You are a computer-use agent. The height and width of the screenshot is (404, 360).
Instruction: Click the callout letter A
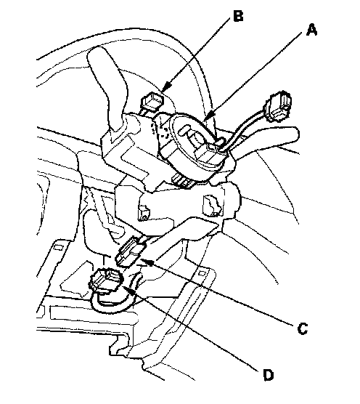[x=311, y=30]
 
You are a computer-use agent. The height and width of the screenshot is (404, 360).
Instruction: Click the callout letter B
[x=238, y=16]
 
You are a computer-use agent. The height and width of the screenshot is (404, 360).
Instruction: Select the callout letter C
[x=302, y=328]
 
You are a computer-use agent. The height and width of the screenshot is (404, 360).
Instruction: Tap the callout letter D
[x=269, y=375]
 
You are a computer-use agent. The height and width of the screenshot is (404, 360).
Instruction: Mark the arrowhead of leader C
[x=149, y=262]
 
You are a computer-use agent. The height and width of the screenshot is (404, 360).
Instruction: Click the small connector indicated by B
[x=152, y=101]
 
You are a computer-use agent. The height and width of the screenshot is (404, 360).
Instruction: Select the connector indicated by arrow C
[x=130, y=251]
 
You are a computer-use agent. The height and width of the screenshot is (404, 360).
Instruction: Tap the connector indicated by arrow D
[x=105, y=281]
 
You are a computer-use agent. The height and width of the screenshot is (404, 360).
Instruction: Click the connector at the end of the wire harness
[x=278, y=105]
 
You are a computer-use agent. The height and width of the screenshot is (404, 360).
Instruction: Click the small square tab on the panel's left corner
[x=59, y=247]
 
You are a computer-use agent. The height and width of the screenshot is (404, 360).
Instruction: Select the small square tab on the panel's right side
[x=202, y=273]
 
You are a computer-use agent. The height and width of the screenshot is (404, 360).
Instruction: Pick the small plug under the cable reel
[x=183, y=181]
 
